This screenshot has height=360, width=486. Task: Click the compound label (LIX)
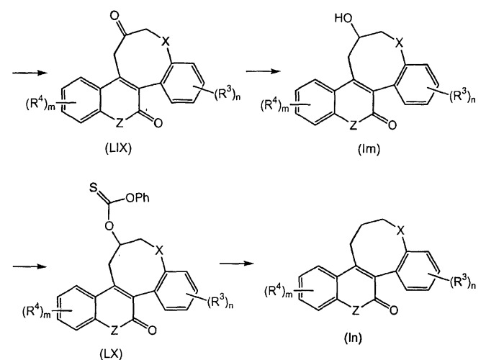118,148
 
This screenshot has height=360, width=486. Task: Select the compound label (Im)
369,150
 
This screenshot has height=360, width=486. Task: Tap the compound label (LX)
111,354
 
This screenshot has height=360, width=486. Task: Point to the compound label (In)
353,337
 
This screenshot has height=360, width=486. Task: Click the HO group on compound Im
343,18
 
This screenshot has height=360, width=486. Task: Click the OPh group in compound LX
138,198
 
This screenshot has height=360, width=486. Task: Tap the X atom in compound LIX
166,41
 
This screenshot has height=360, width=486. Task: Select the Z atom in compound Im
354,125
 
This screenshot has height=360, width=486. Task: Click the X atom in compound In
401,230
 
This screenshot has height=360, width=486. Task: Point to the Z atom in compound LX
114,330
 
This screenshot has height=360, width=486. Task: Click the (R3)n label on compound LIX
228,94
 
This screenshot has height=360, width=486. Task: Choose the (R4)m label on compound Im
275,105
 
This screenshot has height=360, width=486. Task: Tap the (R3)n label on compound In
463,283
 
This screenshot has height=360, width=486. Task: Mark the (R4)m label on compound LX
36,310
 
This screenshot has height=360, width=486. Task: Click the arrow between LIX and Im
263,71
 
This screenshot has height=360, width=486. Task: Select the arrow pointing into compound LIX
30,73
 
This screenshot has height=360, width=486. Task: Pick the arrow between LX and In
237,264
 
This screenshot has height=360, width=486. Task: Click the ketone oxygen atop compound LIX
115,15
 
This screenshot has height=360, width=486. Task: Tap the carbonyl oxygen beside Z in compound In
394,310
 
